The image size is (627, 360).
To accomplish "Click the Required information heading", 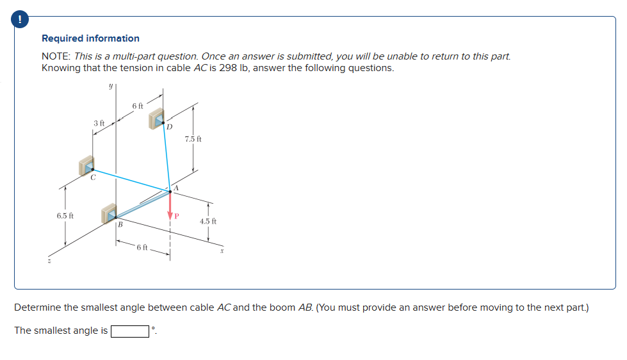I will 90,38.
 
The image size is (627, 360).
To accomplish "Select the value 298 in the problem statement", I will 229,68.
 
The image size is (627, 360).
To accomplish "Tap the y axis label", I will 111,86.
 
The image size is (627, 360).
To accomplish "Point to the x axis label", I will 221,252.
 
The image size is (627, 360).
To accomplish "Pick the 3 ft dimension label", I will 99,122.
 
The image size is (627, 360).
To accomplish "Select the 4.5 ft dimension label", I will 208,221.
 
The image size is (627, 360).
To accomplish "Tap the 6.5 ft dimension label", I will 65,216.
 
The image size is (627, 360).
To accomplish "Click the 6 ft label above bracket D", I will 138,105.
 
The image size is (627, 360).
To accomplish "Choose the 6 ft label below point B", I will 142,247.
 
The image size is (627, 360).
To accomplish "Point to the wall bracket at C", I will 86,165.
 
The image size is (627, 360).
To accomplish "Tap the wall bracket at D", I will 157,119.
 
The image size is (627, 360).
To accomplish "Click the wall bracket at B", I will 110,214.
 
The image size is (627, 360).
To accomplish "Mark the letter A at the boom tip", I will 176,186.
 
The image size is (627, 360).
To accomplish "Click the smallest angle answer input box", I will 130,331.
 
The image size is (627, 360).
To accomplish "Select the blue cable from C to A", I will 131,180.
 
